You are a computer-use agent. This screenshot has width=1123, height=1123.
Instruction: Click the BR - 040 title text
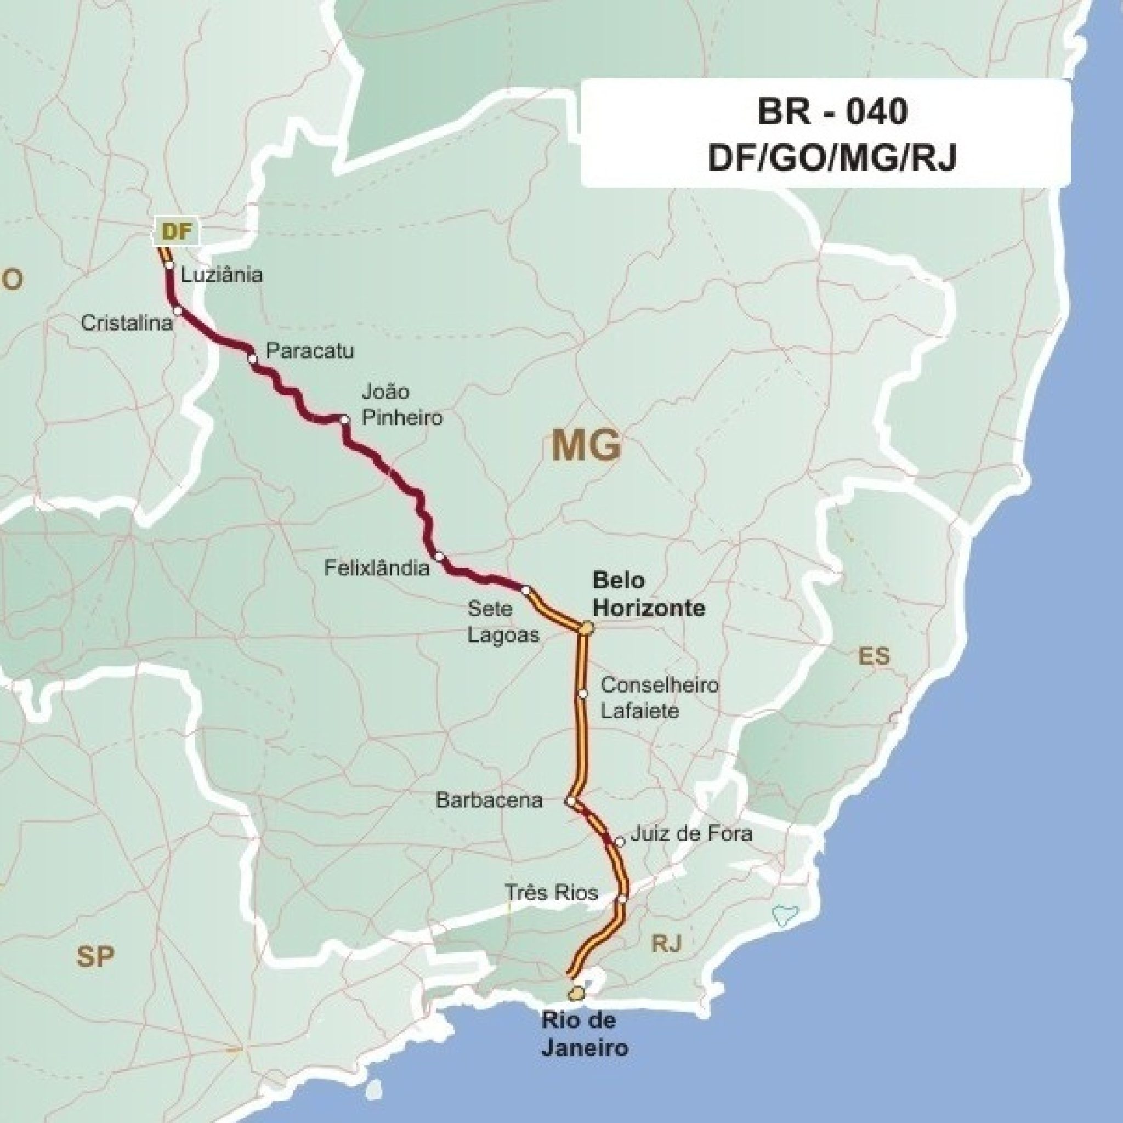pyautogui.click(x=832, y=112)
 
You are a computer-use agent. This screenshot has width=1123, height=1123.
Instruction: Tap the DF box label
pyautogui.click(x=177, y=231)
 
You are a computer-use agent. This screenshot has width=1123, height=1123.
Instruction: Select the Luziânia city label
pyautogui.click(x=222, y=274)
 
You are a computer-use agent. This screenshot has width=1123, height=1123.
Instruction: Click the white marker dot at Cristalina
pyautogui.click(x=178, y=310)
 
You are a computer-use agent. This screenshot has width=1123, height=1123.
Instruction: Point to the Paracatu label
pyautogui.click(x=309, y=351)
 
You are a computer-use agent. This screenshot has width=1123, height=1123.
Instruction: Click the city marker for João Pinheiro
pyautogui.click(x=345, y=419)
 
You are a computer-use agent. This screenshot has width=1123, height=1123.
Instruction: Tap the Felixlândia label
pyautogui.click(x=377, y=568)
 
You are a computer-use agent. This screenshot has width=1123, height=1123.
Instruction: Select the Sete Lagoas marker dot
pyautogui.click(x=525, y=590)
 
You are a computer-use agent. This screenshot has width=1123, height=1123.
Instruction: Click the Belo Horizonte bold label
pyautogui.click(x=649, y=594)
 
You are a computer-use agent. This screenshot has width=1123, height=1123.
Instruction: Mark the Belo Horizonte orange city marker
pyautogui.click(x=587, y=628)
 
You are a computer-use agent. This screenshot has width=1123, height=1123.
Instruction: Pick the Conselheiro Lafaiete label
pyautogui.click(x=659, y=697)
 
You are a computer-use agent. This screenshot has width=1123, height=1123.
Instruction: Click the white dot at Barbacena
pyautogui.click(x=571, y=801)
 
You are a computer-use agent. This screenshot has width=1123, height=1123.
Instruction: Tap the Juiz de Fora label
pyautogui.click(x=691, y=833)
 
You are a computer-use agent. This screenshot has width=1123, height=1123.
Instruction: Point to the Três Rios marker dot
pyautogui.click(x=622, y=899)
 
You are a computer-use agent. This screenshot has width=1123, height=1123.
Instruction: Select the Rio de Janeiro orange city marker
pyautogui.click(x=577, y=994)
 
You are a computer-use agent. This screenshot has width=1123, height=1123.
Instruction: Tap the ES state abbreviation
pyautogui.click(x=874, y=656)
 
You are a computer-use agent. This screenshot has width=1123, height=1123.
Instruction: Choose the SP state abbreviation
pyautogui.click(x=95, y=956)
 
